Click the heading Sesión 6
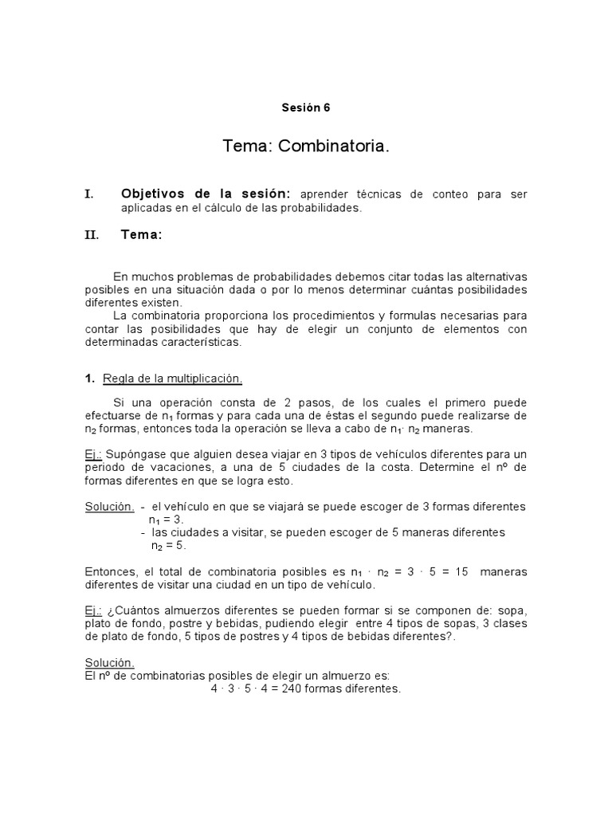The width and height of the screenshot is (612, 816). [305, 108]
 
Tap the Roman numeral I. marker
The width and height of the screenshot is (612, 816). [89, 194]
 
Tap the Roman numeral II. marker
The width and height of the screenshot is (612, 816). [92, 235]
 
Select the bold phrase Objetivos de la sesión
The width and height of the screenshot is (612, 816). [206, 194]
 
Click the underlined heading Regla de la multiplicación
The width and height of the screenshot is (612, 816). [173, 379]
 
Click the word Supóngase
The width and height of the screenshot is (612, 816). [135, 453]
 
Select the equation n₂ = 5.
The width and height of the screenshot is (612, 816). [169, 546]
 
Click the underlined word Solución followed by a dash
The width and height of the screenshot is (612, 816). [109, 506]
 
